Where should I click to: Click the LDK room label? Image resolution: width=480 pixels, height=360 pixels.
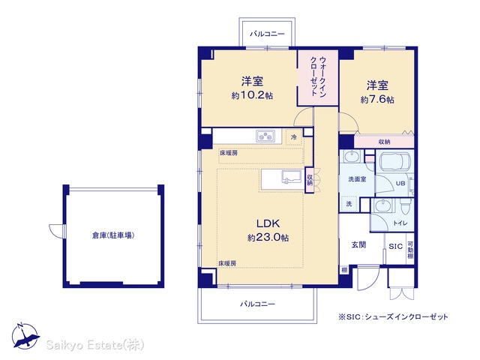[268, 223]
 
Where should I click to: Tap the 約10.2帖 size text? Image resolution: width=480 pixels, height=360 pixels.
[252, 95]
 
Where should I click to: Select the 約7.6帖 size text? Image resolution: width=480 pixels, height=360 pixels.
[377, 100]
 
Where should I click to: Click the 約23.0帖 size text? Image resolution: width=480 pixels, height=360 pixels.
[268, 238]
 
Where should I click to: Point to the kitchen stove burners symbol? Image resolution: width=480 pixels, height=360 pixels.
[265, 136]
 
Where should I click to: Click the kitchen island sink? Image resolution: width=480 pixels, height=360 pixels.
[290, 177]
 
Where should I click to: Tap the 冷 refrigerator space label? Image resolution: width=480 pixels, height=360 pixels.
[293, 137]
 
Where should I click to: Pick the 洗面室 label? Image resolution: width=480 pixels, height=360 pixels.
[357, 179]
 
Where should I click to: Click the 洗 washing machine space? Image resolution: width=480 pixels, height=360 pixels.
[349, 204]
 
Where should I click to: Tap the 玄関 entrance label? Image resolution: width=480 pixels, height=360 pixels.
[358, 245]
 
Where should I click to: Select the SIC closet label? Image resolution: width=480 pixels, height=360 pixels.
[395, 247]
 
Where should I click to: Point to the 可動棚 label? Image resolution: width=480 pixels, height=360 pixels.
[410, 250]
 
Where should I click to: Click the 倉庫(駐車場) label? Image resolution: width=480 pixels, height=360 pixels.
[113, 235]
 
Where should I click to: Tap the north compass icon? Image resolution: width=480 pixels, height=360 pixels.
[25, 336]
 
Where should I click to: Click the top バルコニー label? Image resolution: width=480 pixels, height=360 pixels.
[267, 34]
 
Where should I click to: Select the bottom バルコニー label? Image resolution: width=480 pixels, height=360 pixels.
[257, 304]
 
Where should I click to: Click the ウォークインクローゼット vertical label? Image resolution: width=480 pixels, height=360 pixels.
[318, 76]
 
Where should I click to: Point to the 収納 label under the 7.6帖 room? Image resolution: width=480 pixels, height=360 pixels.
[384, 142]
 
